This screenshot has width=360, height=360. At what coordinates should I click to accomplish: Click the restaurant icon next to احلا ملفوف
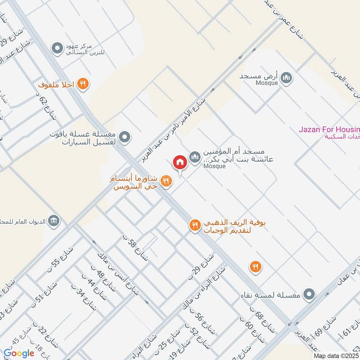pyautogui.click(x=82, y=83)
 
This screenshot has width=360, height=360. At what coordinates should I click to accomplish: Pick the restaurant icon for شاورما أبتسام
pyautogui.click(x=166, y=181)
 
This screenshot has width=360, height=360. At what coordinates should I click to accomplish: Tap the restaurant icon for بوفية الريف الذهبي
pyautogui.click(x=195, y=225)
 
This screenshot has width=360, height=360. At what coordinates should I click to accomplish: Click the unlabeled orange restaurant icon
pyautogui.click(x=256, y=266)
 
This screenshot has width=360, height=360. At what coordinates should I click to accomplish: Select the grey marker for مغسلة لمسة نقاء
pyautogui.click(x=309, y=295)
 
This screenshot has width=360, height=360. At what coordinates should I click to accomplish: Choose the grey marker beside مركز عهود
pyautogui.click(x=57, y=47)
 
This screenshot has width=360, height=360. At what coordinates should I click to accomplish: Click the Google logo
pyautogui.click(x=19, y=353)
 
